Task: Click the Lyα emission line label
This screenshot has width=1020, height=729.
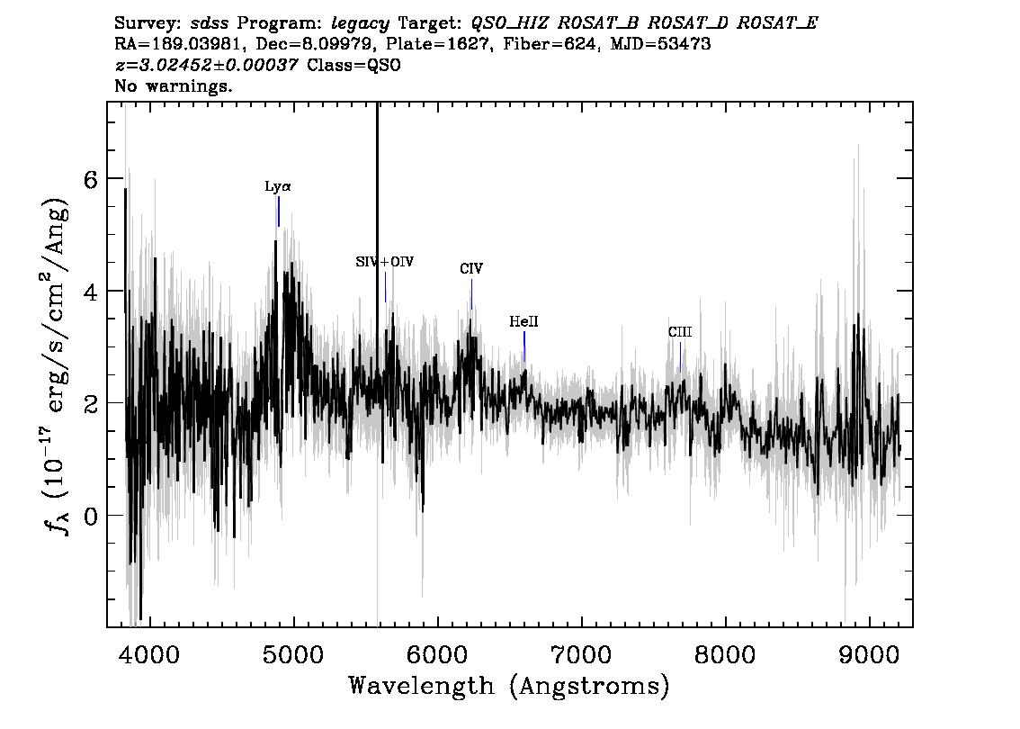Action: coord(278,187)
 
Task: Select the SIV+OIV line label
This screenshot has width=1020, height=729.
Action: coord(384,262)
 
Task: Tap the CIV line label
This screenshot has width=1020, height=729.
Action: coord(471,269)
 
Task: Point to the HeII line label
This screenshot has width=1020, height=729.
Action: coord(523,321)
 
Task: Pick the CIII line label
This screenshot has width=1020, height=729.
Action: coord(680,332)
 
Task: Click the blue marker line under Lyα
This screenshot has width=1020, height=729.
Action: coord(279,211)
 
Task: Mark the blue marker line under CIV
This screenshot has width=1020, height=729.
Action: coord(471,294)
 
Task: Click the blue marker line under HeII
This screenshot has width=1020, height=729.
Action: coord(524,346)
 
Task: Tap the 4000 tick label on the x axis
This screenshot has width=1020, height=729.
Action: coord(149,654)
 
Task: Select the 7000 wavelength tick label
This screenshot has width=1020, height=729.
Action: coord(581,654)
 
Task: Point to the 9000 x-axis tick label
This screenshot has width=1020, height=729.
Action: coord(869,654)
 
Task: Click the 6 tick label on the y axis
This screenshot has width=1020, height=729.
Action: coord(91,179)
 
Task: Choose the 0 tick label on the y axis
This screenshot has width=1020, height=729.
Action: coord(91,516)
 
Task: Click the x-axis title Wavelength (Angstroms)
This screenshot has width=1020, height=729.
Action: coord(509,686)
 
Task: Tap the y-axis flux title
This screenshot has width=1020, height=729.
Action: coord(57,365)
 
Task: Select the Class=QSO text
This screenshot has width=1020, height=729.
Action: coord(353,65)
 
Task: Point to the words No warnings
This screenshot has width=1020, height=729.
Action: coord(173,85)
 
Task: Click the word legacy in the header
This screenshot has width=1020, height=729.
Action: coord(361,24)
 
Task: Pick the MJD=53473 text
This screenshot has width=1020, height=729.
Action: coord(659,44)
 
